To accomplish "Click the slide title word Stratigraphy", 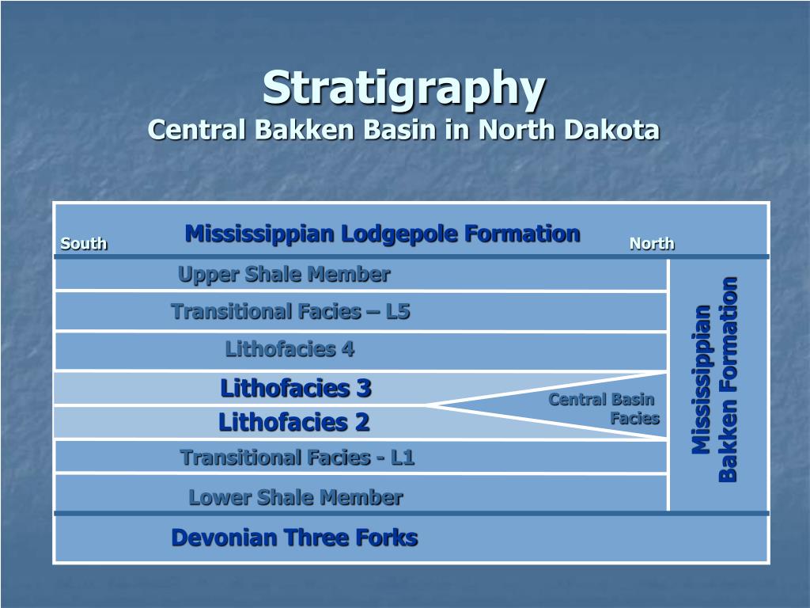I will (404, 89).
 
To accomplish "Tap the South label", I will (84, 244).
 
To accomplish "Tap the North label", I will (652, 244).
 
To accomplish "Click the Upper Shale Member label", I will (284, 275).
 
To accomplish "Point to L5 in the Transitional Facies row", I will (398, 312).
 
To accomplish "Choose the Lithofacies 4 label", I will (290, 349).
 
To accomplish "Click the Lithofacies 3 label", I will (295, 388).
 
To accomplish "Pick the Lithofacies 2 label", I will (293, 423).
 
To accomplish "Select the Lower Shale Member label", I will (295, 498).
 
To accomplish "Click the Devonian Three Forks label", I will (294, 538).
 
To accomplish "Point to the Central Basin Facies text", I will (604, 408).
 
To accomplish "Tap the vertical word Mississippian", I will (701, 378).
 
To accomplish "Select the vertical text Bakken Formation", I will (729, 378).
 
